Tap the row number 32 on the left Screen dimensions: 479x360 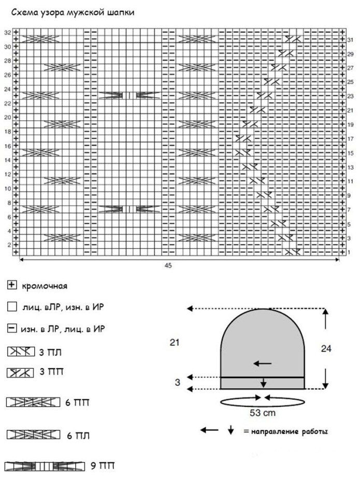pos(7,32)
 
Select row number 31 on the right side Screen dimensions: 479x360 pos(350,39)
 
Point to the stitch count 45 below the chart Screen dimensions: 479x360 pos(168,266)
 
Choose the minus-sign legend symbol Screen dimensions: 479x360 pos(11,328)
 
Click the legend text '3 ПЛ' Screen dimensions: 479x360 pos(51,353)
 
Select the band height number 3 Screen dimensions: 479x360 pos(177,383)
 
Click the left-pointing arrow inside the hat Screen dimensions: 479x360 pos(263,364)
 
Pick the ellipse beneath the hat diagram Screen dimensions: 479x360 pos(262,401)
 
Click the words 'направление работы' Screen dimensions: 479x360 pos(290,431)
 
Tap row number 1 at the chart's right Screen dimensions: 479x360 pos(349,252)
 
